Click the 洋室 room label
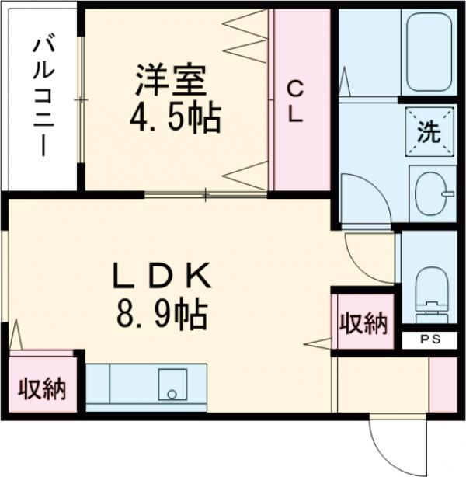tap(171, 80)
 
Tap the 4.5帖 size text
tap(176, 118)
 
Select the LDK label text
tap(162, 276)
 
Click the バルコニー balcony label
tap(43, 97)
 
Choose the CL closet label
tap(295, 103)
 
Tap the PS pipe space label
tap(430, 339)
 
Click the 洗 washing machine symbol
tap(429, 132)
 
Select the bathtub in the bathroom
tap(429, 52)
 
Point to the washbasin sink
tap(433, 193)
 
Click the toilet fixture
tap(432, 294)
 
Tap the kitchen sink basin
tap(172, 385)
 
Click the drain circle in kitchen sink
tap(172, 394)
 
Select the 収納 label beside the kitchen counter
tap(42, 389)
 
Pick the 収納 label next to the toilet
tap(363, 323)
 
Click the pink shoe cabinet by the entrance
tap(443, 385)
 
